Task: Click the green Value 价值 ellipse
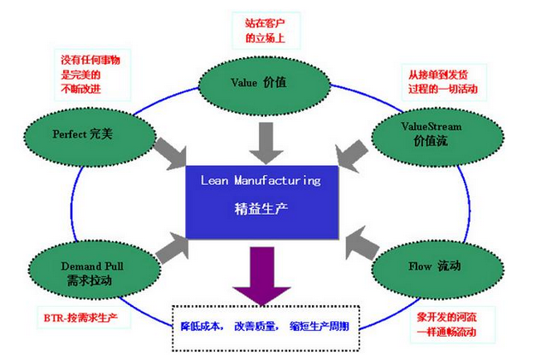264,85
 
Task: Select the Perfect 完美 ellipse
90,137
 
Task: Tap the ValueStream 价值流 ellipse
437,137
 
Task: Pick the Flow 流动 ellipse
437,270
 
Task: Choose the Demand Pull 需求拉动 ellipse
94,270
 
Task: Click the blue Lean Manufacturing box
262,202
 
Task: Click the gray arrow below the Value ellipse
266,143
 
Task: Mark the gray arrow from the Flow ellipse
362,244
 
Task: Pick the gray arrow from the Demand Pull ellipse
173,247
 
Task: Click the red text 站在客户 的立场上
265,31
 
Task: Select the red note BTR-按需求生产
80,318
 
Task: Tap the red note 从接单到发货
438,75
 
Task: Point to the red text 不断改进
80,89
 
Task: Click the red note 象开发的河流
446,317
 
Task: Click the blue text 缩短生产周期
319,327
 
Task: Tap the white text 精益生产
261,208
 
